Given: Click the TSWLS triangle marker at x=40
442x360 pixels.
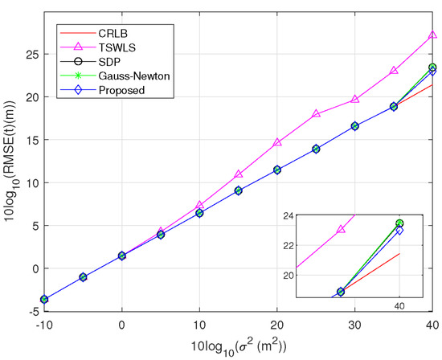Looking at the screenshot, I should click(x=432, y=35).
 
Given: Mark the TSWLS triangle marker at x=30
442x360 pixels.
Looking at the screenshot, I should click(x=355, y=100).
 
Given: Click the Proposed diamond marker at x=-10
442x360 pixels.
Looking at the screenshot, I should click(x=44, y=299).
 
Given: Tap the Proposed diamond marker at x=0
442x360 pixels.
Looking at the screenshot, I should click(x=122, y=256).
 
